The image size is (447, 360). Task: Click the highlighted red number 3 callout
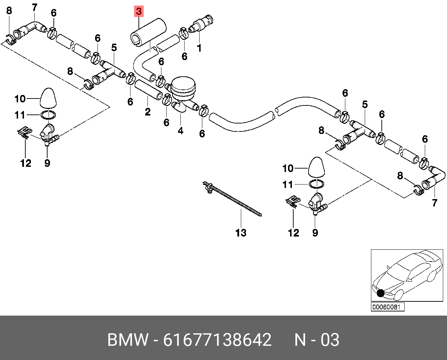click(139, 12)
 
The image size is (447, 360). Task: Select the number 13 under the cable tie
click(241, 233)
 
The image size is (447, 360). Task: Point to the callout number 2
click(147, 112)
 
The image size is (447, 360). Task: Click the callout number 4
click(180, 131)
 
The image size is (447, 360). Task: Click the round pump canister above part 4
click(184, 87)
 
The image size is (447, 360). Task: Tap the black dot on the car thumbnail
click(380, 293)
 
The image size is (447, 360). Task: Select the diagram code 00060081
click(387, 307)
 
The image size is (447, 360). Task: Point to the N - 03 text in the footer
click(317, 340)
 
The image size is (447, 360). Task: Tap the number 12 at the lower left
click(26, 163)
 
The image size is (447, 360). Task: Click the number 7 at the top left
click(34, 7)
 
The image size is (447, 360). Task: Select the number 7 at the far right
click(435, 203)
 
